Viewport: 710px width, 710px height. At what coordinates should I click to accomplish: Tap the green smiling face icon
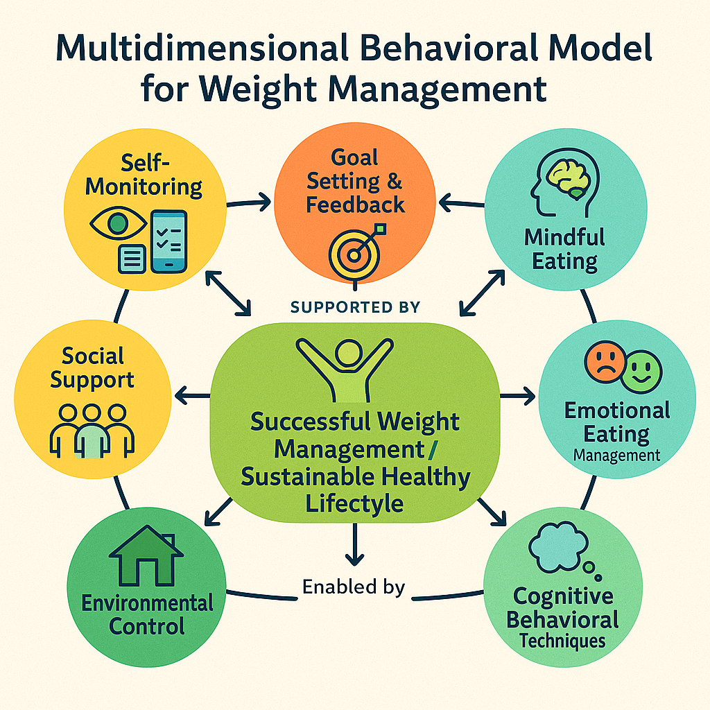[641, 371]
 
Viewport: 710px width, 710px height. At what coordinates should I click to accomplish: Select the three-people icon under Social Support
[91, 429]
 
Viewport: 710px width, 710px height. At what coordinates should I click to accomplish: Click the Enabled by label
[354, 587]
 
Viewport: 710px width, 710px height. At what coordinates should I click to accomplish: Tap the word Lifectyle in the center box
[354, 501]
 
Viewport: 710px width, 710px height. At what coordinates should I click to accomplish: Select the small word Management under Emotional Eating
[616, 456]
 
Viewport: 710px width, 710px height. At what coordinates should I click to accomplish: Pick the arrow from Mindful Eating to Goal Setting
[464, 202]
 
